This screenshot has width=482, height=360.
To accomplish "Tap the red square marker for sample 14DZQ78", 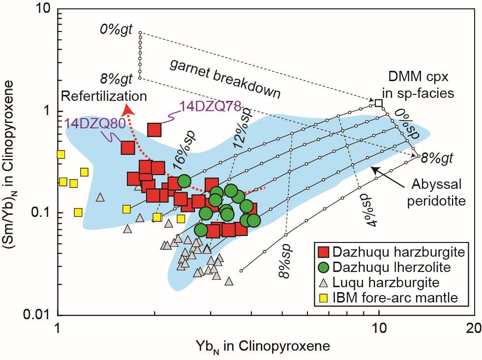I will (x=154, y=129).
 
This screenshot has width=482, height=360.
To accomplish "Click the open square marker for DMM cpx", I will (x=378, y=103).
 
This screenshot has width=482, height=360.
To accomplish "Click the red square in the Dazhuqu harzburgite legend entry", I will (x=323, y=253).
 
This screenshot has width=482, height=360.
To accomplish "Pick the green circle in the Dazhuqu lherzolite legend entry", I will (x=323, y=268).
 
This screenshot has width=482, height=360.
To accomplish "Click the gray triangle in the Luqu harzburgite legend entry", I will (x=323, y=283).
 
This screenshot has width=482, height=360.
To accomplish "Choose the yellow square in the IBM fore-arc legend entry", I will (x=323, y=297).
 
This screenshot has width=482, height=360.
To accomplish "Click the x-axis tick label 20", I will (x=473, y=327).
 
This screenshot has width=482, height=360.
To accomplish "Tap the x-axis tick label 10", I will (x=378, y=327).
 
